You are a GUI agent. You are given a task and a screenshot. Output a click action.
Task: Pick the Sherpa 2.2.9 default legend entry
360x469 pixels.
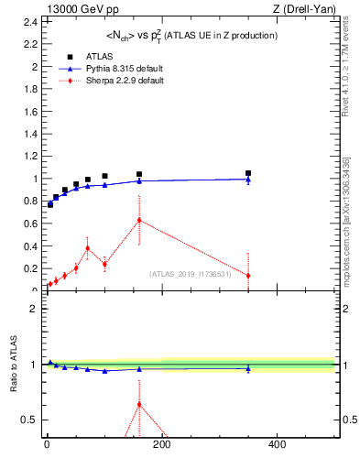coord(104,80)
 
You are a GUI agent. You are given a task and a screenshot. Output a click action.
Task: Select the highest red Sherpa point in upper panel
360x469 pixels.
coord(139,220)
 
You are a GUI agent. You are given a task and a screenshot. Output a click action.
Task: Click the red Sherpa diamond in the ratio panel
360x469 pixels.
coord(139,404)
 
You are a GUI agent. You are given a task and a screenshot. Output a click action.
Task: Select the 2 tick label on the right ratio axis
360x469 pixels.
coord(345,309)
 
